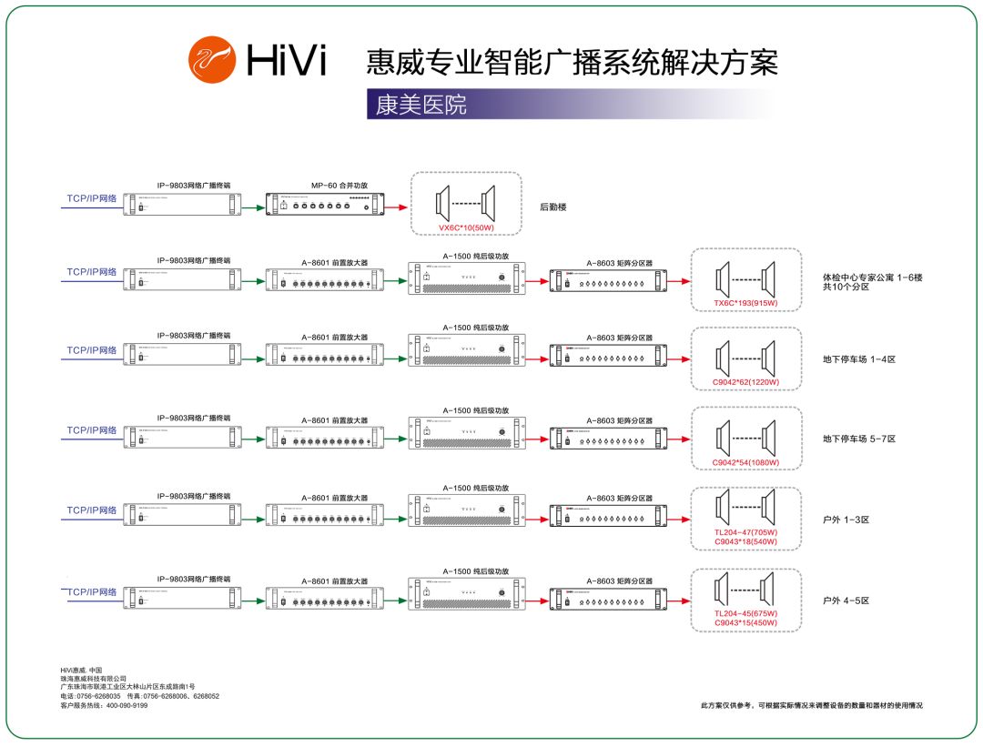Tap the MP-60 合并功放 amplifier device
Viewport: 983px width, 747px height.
[x=324, y=207]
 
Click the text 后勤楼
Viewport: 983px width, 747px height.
[x=553, y=207]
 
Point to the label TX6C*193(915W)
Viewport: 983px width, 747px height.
[x=745, y=303]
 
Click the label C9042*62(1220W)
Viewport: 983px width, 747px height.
[x=745, y=382]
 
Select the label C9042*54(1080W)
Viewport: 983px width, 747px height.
[x=745, y=463]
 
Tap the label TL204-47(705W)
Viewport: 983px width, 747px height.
[x=745, y=532]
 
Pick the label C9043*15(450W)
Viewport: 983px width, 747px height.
[x=745, y=623]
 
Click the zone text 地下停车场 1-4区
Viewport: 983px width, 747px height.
[x=859, y=359]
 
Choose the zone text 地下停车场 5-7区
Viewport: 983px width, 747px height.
[x=859, y=439]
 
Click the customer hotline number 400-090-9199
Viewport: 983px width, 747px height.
[x=127, y=705]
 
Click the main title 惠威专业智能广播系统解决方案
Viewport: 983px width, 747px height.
[x=572, y=62]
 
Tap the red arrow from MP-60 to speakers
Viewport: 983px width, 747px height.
[x=397, y=207]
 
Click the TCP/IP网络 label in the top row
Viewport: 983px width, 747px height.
[x=91, y=197]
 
